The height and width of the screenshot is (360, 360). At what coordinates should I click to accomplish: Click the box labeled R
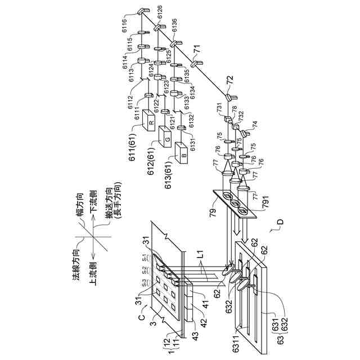click(x=150, y=121)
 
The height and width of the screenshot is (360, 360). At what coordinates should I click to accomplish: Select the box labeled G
click(x=166, y=137)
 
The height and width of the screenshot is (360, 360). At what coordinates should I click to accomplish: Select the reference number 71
click(x=196, y=55)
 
